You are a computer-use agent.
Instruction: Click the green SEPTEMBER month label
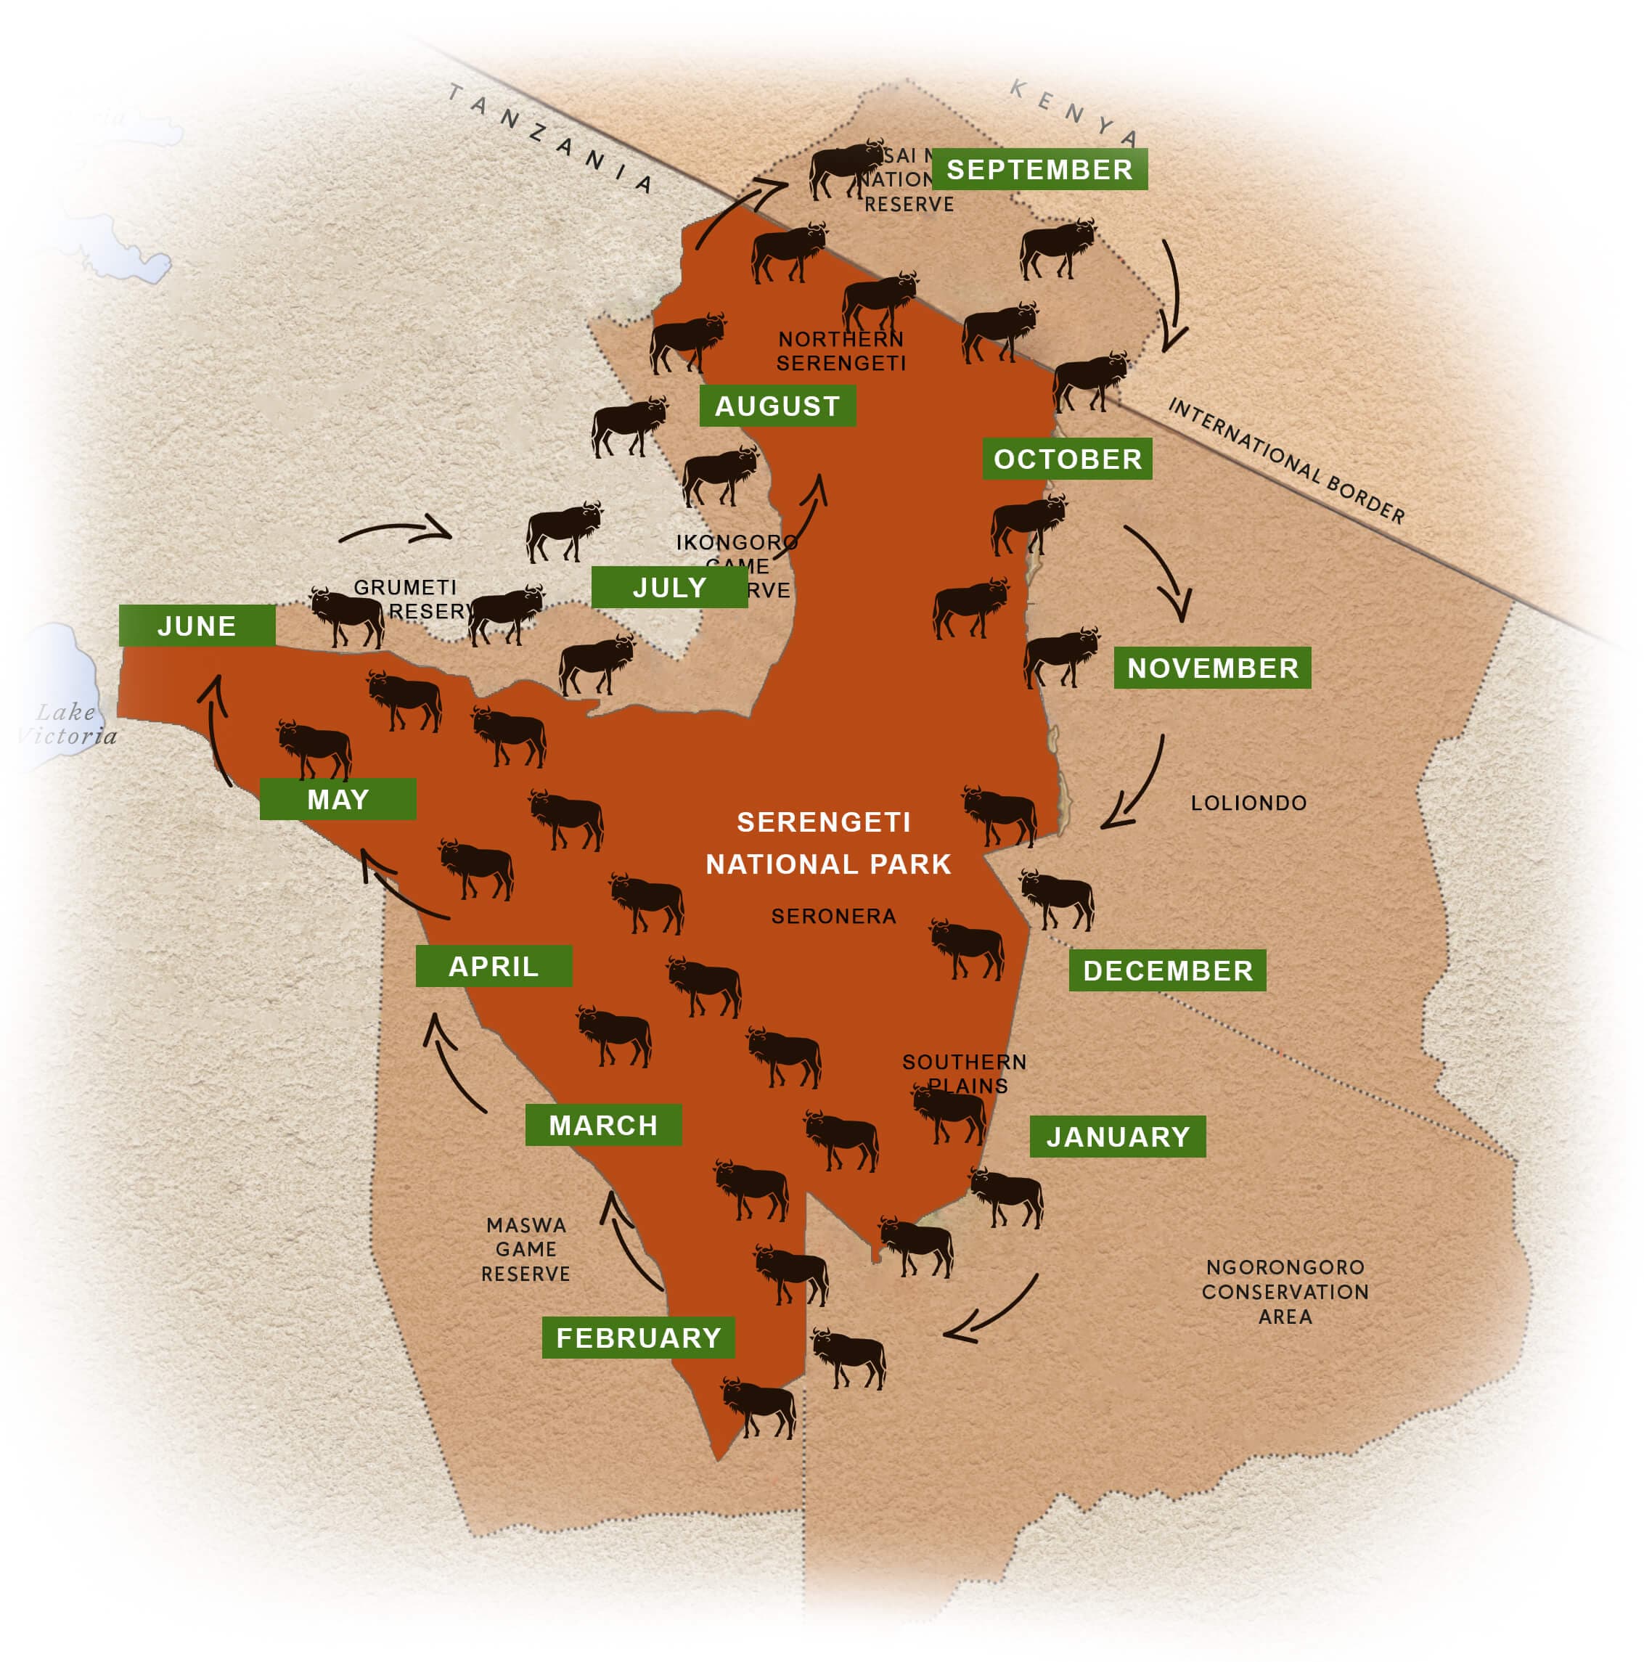point(1039,170)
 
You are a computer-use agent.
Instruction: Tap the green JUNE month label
point(196,626)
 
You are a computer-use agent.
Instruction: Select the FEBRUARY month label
point(637,1338)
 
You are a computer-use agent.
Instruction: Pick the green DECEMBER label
point(1166,970)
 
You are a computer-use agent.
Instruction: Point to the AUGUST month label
point(777,406)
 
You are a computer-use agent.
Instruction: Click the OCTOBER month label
point(1067,459)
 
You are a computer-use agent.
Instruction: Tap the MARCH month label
point(603,1125)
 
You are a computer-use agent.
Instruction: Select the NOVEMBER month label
point(1211,668)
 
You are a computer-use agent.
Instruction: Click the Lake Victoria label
point(67,724)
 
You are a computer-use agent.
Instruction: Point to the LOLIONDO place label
point(1248,803)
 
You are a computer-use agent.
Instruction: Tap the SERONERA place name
point(833,916)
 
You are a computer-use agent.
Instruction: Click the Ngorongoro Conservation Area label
point(1285,1291)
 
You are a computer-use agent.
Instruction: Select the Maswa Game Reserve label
point(525,1249)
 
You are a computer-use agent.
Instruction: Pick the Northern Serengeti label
point(841,351)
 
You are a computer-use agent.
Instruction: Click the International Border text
point(1286,460)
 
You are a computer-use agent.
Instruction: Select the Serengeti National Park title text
point(827,843)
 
